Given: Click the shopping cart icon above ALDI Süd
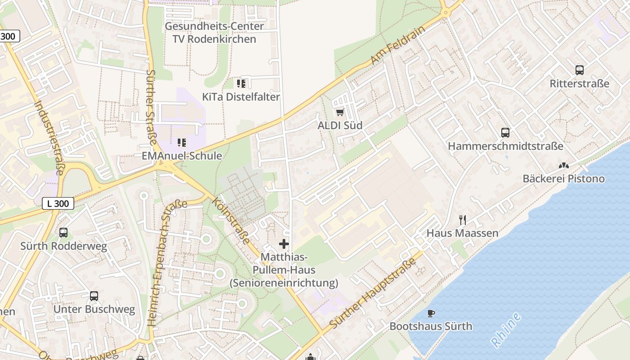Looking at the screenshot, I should click(340, 112).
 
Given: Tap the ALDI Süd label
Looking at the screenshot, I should click(340, 126).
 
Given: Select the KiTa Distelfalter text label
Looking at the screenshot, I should click(241, 97).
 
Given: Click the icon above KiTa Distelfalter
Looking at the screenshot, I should click(241, 83).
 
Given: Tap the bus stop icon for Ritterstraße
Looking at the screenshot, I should click(579, 70).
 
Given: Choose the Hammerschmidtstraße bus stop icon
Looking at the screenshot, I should click(505, 133).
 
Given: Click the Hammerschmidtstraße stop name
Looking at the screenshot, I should click(505, 146).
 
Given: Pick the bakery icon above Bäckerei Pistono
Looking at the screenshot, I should click(563, 166).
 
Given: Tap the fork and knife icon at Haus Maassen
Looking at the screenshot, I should click(462, 220).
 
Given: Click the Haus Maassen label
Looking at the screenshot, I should click(462, 233).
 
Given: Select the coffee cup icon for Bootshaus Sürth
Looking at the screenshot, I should click(431, 313).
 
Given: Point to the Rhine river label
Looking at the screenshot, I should click(506, 330).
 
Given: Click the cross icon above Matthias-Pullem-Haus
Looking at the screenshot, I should click(284, 244).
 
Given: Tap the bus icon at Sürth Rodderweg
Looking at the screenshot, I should click(63, 233).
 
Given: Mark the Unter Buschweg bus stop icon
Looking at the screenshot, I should click(94, 296).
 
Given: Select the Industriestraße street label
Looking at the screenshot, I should click(49, 137).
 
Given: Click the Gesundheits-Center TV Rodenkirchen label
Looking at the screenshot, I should click(214, 32).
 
